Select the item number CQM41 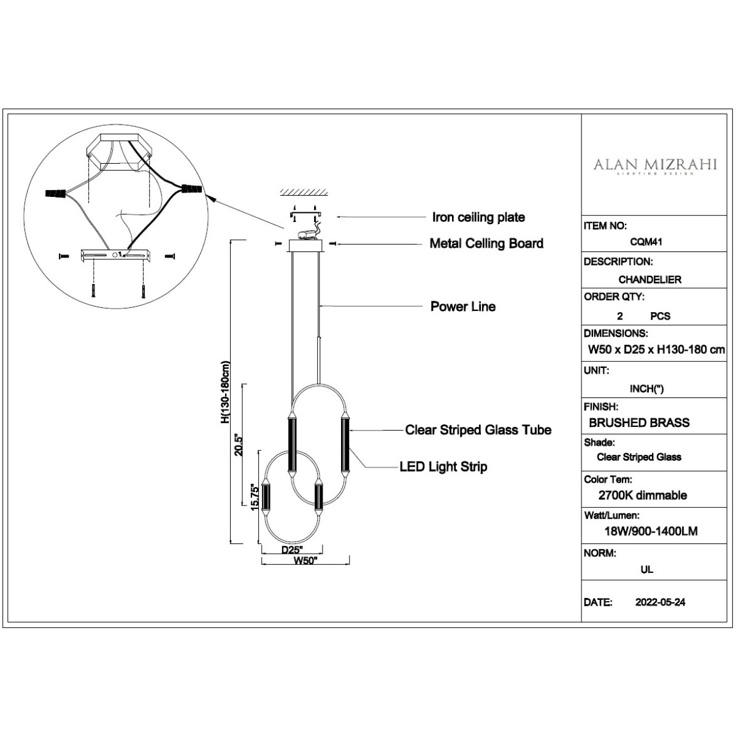(x=647, y=242)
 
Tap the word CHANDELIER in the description (x=650, y=280)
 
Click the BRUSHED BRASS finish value (x=639, y=423)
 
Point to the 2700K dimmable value (x=642, y=496)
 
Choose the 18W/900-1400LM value (x=650, y=532)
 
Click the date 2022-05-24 (x=660, y=602)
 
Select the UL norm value (x=646, y=569)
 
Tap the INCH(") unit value (x=646, y=389)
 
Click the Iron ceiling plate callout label (x=478, y=217)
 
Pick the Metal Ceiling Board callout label (x=486, y=243)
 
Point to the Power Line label (x=462, y=307)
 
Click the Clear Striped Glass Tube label (x=478, y=430)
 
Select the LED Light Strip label (x=443, y=467)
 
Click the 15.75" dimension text (x=255, y=496)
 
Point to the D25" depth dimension (x=292, y=550)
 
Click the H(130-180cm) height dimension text (x=225, y=393)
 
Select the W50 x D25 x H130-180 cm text (x=656, y=350)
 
